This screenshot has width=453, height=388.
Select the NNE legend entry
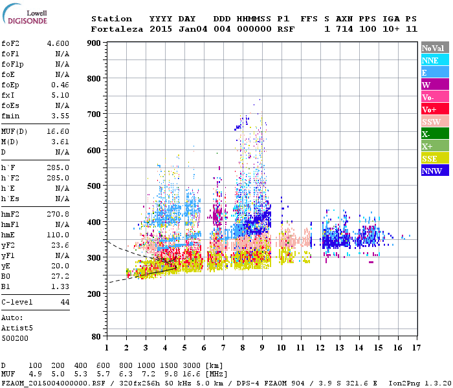pos(435,60)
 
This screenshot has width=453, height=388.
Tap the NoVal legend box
pos(435,48)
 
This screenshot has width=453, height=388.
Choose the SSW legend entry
pos(435,122)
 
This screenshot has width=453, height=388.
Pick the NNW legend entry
pos(435,171)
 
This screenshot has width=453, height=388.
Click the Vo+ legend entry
pos(435,109)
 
